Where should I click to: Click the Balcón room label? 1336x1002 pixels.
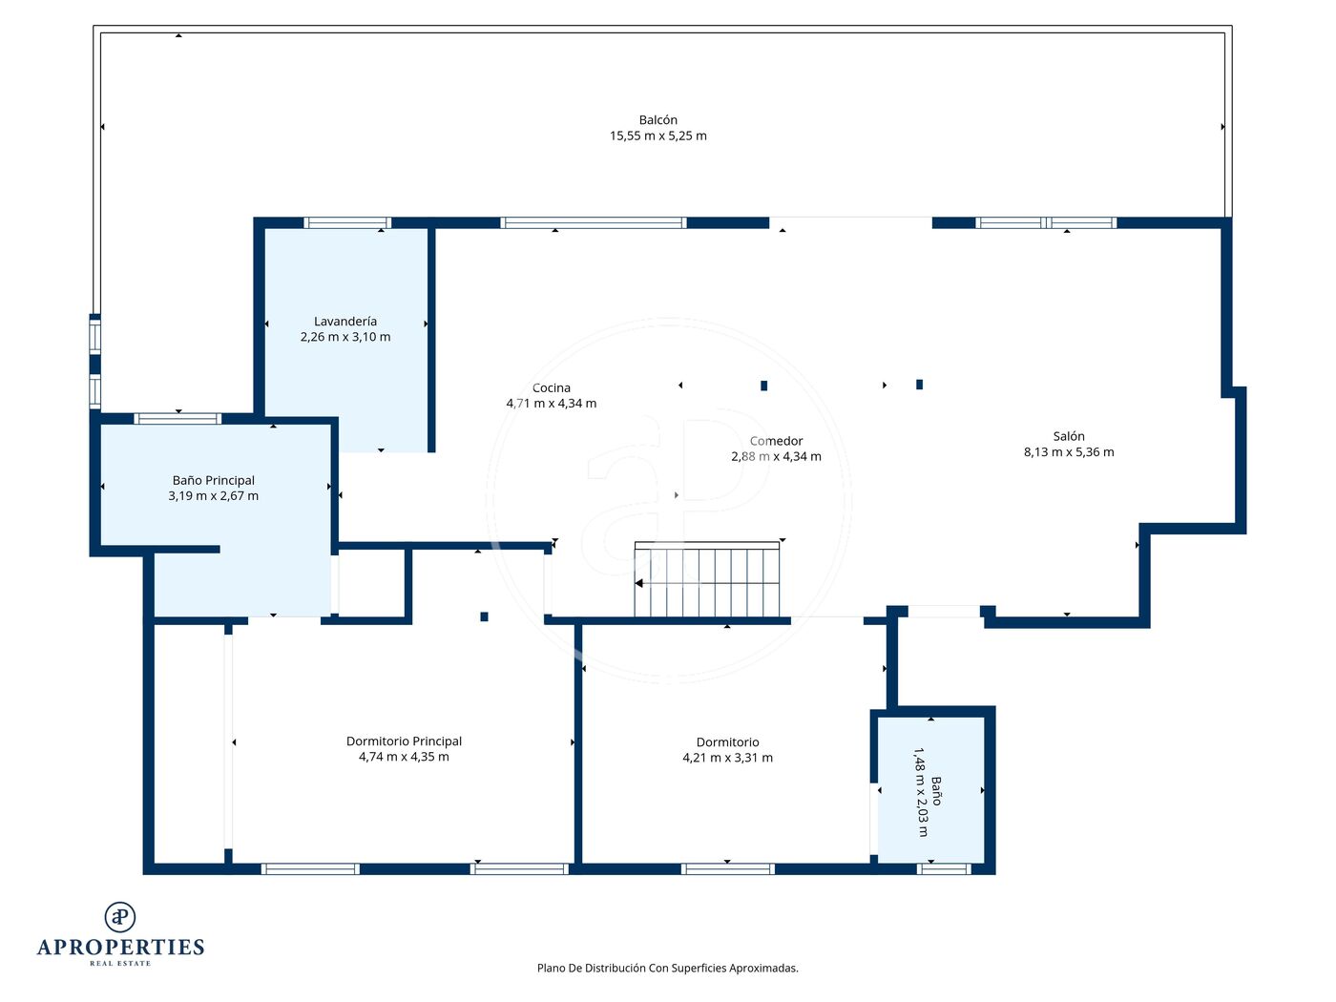coord(658,120)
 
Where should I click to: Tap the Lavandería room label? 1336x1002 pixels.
coord(345,322)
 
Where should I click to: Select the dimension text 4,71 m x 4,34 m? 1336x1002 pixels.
coord(551,403)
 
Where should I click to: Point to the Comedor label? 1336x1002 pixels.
coord(776,441)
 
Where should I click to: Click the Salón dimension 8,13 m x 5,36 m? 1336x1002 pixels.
coord(1068,451)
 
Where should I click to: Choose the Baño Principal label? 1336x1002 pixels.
coord(213,480)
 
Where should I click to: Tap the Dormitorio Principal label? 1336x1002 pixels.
coord(404,741)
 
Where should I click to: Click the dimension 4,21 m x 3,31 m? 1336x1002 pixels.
coord(727,758)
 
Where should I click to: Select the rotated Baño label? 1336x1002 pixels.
coord(936,791)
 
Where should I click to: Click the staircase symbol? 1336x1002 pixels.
coord(706,579)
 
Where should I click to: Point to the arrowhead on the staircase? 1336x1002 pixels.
coord(638,583)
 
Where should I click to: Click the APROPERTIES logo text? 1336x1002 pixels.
coord(120,947)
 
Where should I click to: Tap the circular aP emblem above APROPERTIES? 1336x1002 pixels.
coord(120,917)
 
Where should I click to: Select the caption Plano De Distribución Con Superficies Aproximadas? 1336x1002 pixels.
coord(667,968)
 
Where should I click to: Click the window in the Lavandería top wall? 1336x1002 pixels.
coord(347,222)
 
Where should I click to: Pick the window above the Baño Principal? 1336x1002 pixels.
coord(177,419)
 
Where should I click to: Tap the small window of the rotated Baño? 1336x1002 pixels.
coord(944,868)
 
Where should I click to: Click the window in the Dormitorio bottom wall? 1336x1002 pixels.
coord(727,868)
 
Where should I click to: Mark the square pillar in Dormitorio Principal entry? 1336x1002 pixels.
coord(484,616)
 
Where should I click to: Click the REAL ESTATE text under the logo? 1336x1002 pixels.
coord(120,963)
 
